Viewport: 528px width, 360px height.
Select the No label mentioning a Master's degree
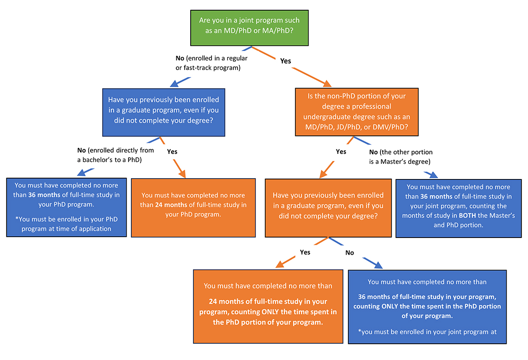(400, 156)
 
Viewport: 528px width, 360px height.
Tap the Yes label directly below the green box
(286, 60)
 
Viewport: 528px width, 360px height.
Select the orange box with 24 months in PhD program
(193, 208)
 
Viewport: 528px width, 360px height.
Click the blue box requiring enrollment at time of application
(66, 207)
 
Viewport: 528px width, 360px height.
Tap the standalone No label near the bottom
(349, 253)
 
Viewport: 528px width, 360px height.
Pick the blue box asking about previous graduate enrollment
(163, 112)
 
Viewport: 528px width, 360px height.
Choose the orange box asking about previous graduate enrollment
(328, 208)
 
